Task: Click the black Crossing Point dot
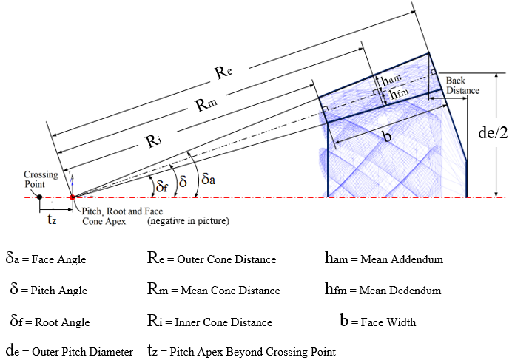[39, 197]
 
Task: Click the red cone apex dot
[73, 197]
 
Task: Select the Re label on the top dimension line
[223, 72]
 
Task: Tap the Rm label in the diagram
[206, 104]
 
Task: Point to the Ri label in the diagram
[153, 141]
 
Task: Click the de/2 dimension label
[493, 133]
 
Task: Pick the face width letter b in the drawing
[387, 136]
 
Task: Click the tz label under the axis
[52, 220]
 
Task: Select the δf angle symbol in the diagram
[162, 186]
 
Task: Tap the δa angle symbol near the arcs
[209, 179]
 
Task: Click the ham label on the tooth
[391, 79]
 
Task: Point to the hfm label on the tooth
[399, 94]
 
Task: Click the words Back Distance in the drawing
[462, 86]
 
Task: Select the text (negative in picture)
[188, 221]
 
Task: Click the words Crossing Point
[41, 180]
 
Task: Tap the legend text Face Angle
[58, 259]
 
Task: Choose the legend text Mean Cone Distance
[230, 291]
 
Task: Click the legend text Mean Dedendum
[400, 291]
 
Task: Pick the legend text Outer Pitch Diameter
[83, 352]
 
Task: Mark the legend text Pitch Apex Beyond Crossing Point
[253, 352]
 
